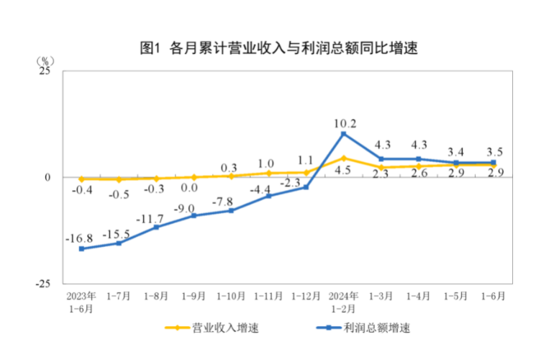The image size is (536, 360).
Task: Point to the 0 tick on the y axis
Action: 49,177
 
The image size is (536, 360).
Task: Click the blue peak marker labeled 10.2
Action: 344,134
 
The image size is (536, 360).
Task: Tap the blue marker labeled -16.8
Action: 81,248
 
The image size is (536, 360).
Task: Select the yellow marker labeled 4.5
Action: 344,158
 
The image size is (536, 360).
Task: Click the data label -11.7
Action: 156,218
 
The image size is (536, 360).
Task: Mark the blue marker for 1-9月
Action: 194,215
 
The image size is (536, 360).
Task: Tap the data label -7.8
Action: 231,201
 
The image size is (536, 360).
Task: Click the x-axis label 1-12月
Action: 306,296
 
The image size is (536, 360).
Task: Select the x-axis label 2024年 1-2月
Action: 344,302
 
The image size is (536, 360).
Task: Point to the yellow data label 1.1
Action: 306,161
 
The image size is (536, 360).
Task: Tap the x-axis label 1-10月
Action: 231,296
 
